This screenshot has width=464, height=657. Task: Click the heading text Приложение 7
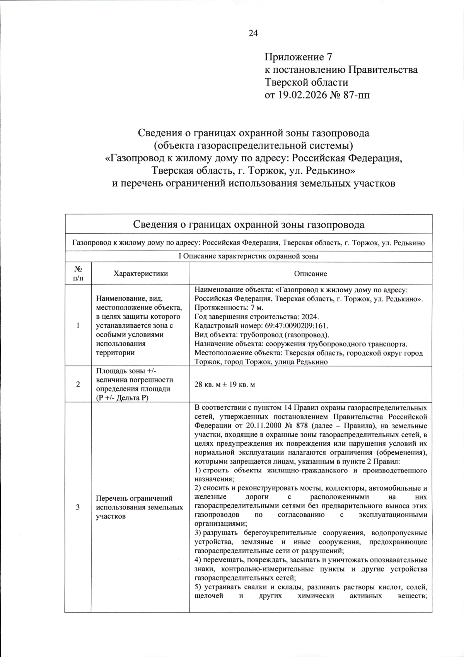pos(298,57)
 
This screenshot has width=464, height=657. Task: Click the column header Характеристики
pos(141,273)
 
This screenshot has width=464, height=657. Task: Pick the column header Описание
pos(310,274)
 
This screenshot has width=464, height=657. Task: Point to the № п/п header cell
pos(78,273)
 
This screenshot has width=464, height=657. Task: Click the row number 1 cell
pos(78,325)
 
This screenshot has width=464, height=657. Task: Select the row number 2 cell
pos(78,384)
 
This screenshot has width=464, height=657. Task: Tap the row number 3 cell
pos(78,507)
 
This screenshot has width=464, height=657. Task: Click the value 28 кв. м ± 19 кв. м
pos(224,385)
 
